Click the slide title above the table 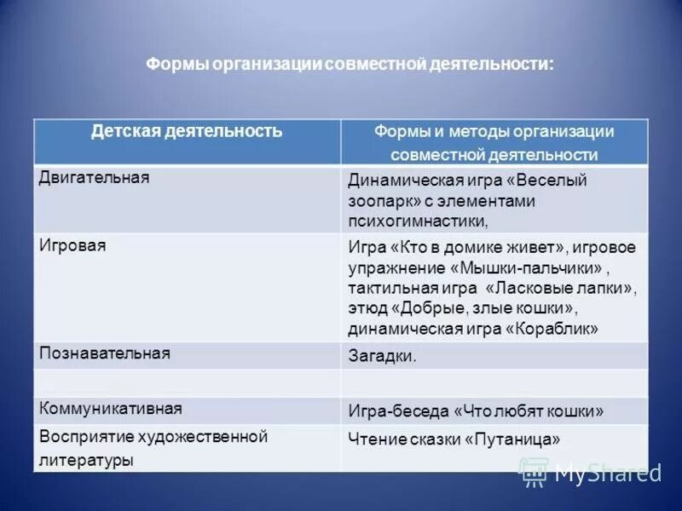(x=350, y=66)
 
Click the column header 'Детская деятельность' (x=187, y=131)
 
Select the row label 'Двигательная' (x=95, y=177)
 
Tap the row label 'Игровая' (x=72, y=244)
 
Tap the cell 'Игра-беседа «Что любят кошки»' (x=476, y=411)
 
